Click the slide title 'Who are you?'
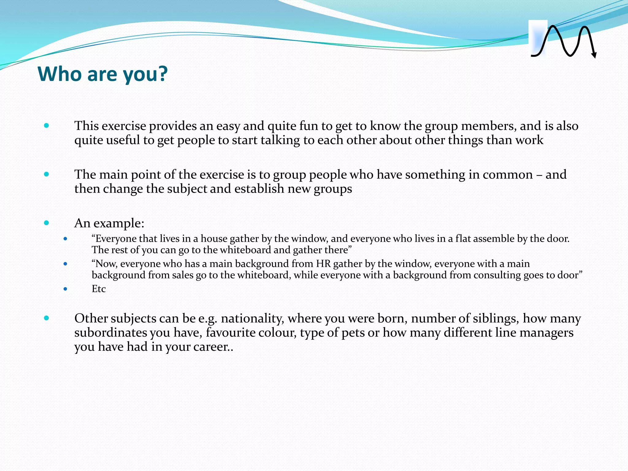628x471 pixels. pyautogui.click(x=102, y=74)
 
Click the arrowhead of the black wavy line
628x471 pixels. pyautogui.click(x=594, y=55)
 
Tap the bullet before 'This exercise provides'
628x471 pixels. pyautogui.click(x=46, y=125)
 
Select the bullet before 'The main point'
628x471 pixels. pyautogui.click(x=46, y=174)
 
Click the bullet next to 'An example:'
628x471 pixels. pyautogui.click(x=46, y=223)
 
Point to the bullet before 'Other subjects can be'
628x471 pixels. pyautogui.click(x=46, y=318)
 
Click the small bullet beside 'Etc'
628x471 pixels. pyautogui.click(x=65, y=289)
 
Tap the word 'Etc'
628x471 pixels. pyautogui.click(x=98, y=289)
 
